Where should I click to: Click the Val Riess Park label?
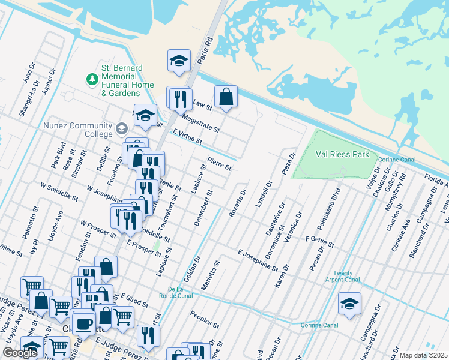(x=343, y=154)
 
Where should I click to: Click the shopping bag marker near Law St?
(x=226, y=97)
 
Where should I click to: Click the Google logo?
(x=20, y=353)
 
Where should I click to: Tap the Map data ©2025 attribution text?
(x=423, y=355)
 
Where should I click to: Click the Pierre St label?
(x=219, y=163)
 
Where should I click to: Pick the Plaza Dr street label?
(x=289, y=163)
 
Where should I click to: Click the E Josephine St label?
(x=258, y=260)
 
